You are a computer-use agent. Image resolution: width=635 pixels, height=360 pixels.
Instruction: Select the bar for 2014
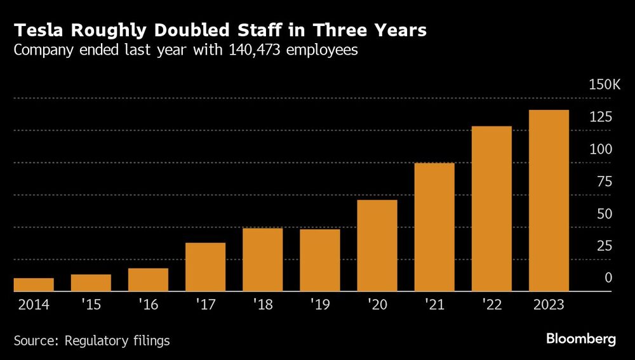pos(34,284)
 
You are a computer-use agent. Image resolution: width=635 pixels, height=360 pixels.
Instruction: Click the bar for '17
pos(205,267)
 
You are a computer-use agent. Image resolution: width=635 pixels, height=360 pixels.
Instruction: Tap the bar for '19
pos(319,260)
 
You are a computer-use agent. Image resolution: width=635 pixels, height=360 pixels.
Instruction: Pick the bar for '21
pos(434,227)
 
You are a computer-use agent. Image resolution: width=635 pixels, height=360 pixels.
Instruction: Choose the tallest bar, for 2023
pos(549,201)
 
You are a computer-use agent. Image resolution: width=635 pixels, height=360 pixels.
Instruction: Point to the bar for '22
pos(491,208)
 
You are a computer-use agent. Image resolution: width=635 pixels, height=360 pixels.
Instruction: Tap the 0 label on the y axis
pos(608,278)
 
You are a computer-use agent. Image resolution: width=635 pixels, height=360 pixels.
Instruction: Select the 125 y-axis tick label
pos(601,117)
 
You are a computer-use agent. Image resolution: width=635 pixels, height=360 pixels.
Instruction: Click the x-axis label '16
pos(148,305)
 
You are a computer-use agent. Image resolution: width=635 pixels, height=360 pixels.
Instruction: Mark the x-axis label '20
pos(377,305)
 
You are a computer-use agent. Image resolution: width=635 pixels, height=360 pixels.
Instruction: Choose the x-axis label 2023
pos(549,305)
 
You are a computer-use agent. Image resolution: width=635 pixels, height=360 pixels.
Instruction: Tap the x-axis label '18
pos(262,305)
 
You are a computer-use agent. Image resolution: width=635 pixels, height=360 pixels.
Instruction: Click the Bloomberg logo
pos(581,339)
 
